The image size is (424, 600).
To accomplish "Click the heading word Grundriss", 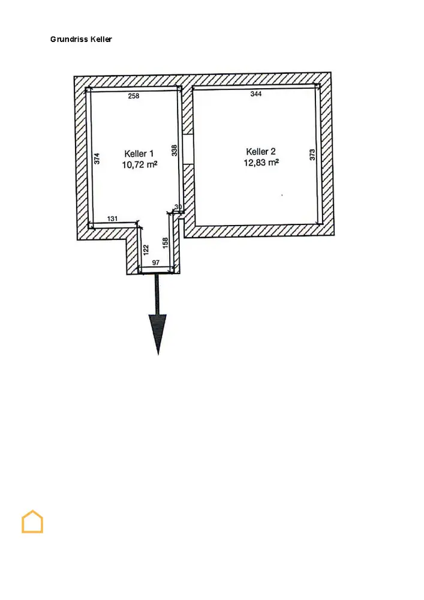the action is click(x=69, y=40).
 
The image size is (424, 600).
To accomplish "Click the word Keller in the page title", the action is click(x=101, y=40).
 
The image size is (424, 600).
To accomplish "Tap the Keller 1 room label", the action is click(x=139, y=153).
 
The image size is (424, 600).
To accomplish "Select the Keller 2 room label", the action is click(x=261, y=151).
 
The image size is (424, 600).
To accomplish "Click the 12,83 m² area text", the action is click(x=261, y=162).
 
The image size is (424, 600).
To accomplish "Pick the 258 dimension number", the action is click(x=134, y=96).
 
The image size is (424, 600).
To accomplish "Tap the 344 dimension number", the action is click(x=256, y=94).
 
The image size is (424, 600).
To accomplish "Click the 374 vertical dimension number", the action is click(x=97, y=158).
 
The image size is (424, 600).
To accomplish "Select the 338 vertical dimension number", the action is click(x=175, y=150).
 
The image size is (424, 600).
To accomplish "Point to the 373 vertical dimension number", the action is click(x=312, y=155).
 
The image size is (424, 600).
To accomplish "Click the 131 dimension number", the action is click(x=113, y=219).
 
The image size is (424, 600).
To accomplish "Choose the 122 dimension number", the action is click(x=146, y=249).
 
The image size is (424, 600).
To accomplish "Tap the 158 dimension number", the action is click(x=166, y=243).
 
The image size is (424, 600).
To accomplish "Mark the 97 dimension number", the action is click(x=156, y=263).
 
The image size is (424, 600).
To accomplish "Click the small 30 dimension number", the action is click(x=178, y=208).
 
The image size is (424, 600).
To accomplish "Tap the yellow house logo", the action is click(x=32, y=521).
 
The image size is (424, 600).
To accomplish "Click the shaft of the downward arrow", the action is click(x=158, y=294).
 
